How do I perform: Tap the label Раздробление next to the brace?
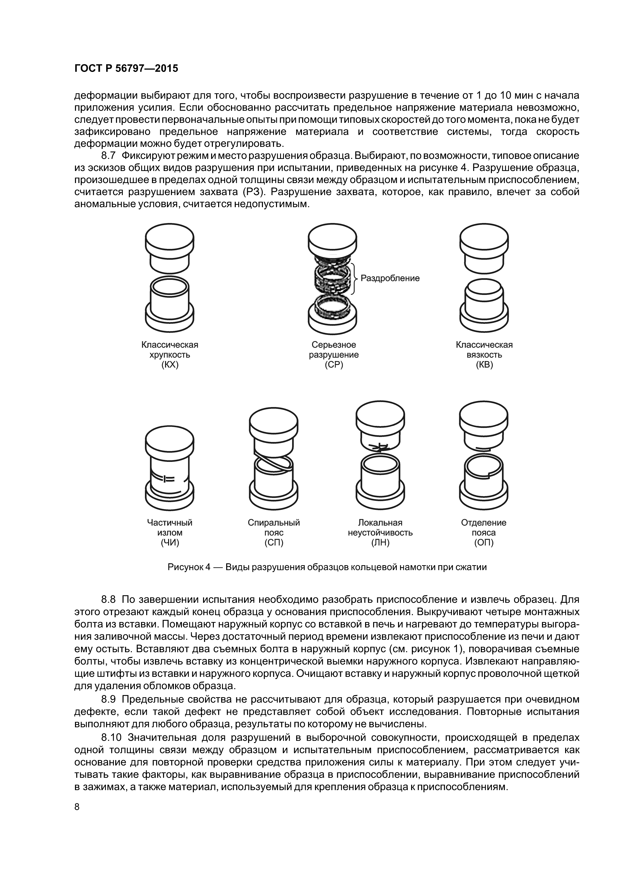coord(390,278)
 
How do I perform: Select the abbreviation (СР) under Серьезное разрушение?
coord(334,365)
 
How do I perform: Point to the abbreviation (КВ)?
coord(484,365)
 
